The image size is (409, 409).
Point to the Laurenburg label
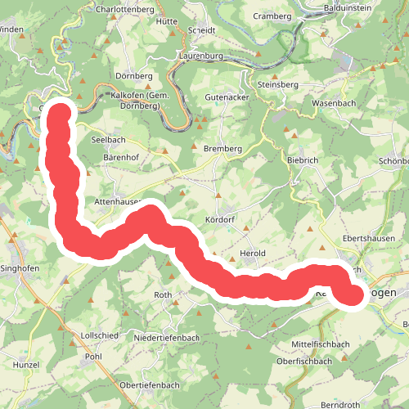point(200,56)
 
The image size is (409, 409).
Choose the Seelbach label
point(109,140)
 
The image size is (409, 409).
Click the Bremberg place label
point(222,149)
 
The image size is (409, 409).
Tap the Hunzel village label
point(26,363)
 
